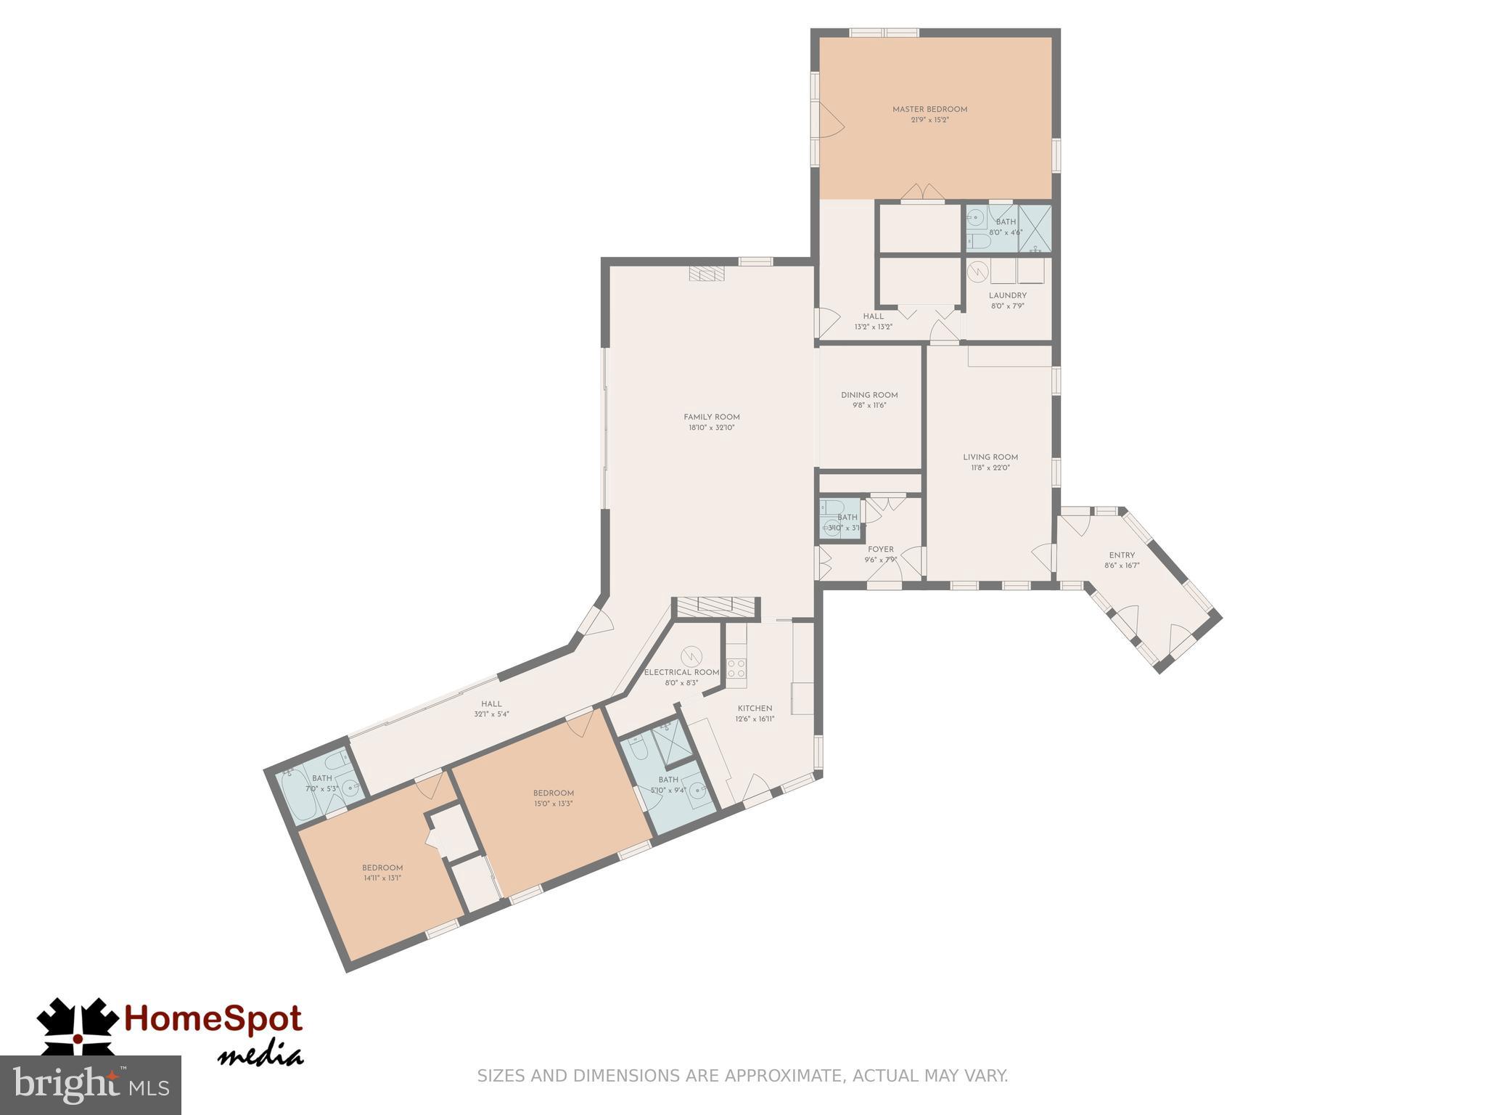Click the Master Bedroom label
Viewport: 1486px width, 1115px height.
pos(929,110)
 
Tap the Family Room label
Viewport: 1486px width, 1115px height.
pos(711,417)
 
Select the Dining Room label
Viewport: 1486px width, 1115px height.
pos(869,396)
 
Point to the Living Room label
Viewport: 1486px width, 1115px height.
pos(990,457)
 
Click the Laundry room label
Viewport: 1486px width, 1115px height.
pos(1007,295)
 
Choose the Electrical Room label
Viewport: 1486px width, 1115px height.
pos(681,672)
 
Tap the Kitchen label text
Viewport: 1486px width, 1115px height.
pos(755,708)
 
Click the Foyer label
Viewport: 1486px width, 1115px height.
pos(881,550)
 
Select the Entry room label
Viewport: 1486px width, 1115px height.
pos(1122,555)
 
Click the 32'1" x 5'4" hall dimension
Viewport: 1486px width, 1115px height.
pos(491,714)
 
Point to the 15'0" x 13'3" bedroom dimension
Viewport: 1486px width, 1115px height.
pos(553,804)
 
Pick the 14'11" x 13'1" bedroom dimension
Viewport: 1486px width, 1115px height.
pos(382,878)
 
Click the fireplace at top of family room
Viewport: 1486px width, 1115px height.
pos(707,274)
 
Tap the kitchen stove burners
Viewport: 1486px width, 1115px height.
pos(736,668)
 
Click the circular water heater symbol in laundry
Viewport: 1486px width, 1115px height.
pos(978,271)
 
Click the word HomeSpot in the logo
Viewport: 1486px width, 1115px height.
pos(213,1020)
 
